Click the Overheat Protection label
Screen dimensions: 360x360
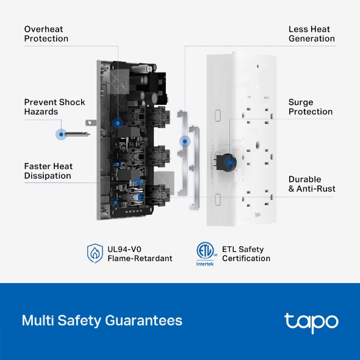(x=46, y=34)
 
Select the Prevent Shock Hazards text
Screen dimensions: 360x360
(x=54, y=107)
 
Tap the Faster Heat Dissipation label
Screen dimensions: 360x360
(x=48, y=171)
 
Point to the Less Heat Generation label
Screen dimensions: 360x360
(x=311, y=34)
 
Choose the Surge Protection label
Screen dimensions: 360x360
(x=311, y=107)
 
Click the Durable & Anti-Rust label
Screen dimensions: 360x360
(x=312, y=184)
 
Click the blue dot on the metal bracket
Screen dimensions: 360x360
(x=184, y=141)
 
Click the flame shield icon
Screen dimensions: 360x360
(x=95, y=253)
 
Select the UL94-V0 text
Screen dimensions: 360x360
(x=124, y=248)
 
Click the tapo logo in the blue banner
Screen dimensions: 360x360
(x=311, y=321)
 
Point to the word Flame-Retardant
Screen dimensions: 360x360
(x=140, y=258)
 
